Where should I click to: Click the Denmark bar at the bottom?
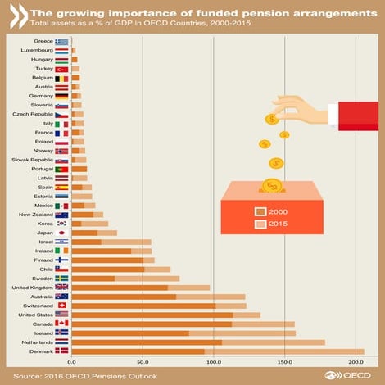[x=217, y=351]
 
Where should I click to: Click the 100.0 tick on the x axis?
[x=214, y=361]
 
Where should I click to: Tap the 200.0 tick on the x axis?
[x=356, y=361]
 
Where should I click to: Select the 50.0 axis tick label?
[x=143, y=361]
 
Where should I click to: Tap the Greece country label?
[x=43, y=41]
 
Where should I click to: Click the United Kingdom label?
[x=31, y=288]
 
